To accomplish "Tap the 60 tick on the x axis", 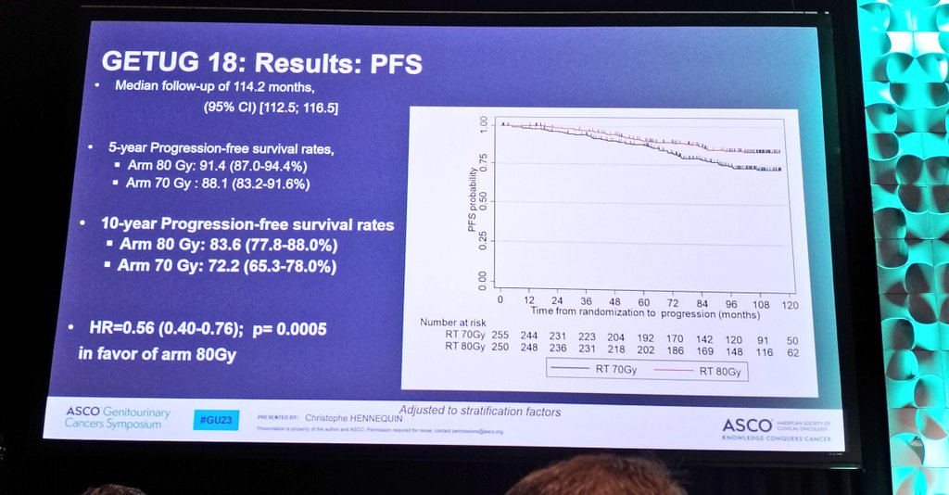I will point(643,302).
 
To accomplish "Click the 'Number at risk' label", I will point(451,322).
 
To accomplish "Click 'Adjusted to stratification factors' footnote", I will point(479,411).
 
